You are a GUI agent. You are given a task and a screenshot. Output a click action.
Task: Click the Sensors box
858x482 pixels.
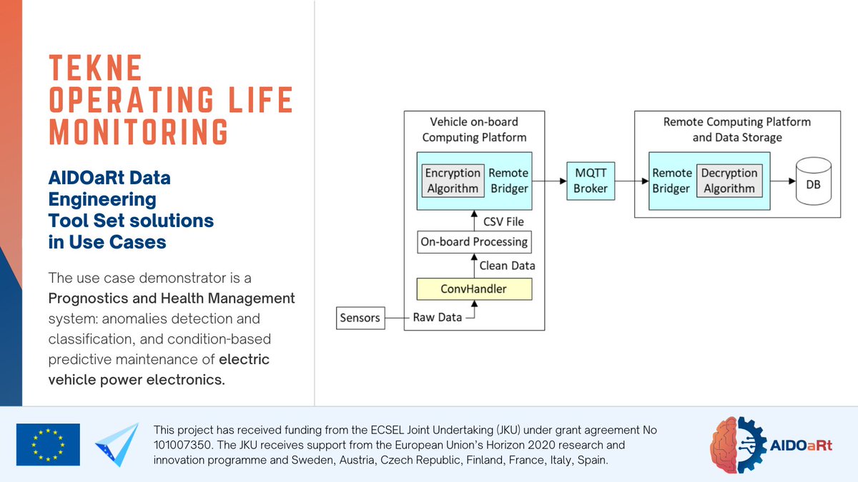tap(360, 318)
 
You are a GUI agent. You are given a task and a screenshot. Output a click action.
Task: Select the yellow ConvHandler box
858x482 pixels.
tap(475, 289)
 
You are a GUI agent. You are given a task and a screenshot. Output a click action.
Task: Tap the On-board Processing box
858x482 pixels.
tap(475, 241)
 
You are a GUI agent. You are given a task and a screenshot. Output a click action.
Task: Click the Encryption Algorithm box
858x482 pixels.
tap(453, 181)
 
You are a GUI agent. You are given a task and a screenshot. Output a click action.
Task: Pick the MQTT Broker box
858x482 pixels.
tap(591, 181)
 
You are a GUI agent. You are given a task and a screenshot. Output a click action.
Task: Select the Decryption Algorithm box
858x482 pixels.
tap(729, 181)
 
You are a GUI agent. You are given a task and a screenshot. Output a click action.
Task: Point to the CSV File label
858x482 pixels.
tap(503, 221)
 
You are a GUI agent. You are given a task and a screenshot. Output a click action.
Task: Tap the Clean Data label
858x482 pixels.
tap(507, 266)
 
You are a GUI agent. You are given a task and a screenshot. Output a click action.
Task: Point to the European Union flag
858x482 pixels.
tap(48, 444)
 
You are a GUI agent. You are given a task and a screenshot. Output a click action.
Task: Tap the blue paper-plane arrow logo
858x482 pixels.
tap(117, 444)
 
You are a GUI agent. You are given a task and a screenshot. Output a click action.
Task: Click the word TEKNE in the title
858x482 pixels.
tap(96, 69)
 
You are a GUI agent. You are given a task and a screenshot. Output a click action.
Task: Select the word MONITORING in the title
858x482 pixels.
tap(139, 132)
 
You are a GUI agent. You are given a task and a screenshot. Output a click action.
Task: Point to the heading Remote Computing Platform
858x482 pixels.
tap(737, 121)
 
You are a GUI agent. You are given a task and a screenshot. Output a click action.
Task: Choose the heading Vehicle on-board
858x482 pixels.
tap(474, 121)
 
